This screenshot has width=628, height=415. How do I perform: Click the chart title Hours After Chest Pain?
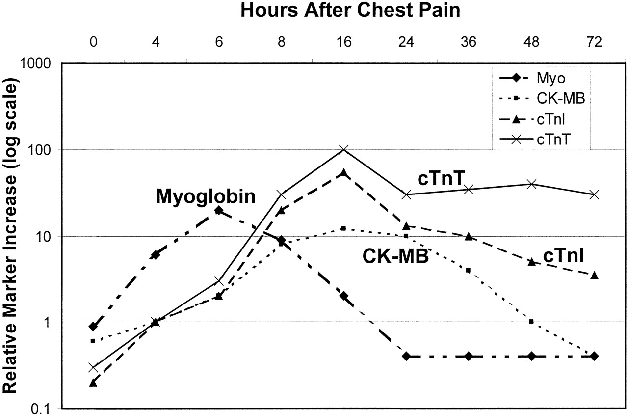(x=351, y=11)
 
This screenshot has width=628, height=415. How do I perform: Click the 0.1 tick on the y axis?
(x=44, y=408)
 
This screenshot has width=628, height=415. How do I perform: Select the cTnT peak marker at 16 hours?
(x=344, y=149)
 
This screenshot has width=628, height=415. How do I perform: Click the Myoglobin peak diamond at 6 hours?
(x=219, y=210)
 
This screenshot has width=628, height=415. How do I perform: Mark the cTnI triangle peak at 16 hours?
(x=344, y=173)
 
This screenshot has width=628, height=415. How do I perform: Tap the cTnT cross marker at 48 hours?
(x=531, y=184)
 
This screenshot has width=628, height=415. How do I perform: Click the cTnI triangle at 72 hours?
(x=594, y=276)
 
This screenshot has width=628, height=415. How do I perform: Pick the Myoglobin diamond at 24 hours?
(x=406, y=356)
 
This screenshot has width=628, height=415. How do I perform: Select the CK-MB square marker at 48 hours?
(x=531, y=322)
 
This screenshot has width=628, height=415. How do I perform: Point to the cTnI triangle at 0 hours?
(x=93, y=382)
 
